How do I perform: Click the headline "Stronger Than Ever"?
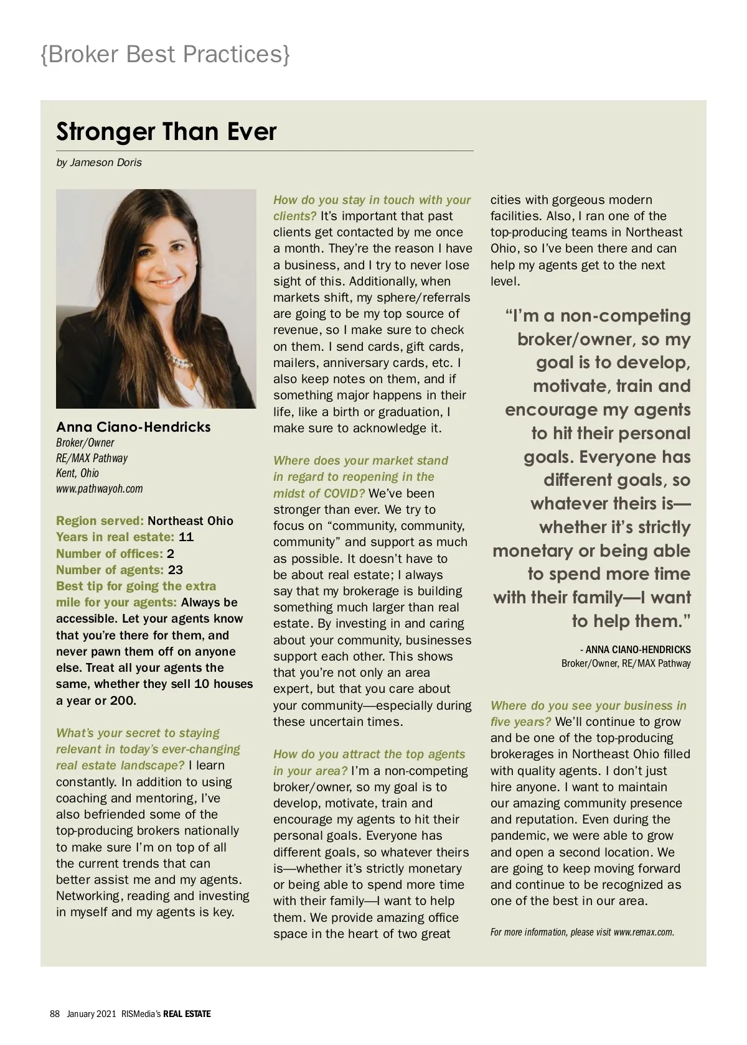tap(166, 132)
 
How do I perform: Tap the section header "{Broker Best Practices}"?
tap(165, 54)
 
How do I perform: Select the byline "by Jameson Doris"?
tap(99, 162)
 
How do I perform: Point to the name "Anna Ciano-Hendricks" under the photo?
tap(133, 427)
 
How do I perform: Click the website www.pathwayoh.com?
tap(100, 488)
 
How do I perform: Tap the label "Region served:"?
tap(100, 521)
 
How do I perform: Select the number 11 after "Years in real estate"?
tap(186, 537)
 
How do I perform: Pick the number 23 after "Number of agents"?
tap(176, 570)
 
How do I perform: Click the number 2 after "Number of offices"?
tap(171, 554)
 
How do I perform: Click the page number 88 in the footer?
tap(55, 1014)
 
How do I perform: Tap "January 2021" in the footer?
tap(92, 1014)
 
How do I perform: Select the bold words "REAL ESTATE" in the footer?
tap(187, 1014)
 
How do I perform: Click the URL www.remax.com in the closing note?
tap(643, 932)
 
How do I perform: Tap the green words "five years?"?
tap(520, 722)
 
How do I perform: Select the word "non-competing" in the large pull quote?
tap(625, 316)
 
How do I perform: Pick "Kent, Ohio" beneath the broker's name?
tap(77, 473)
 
